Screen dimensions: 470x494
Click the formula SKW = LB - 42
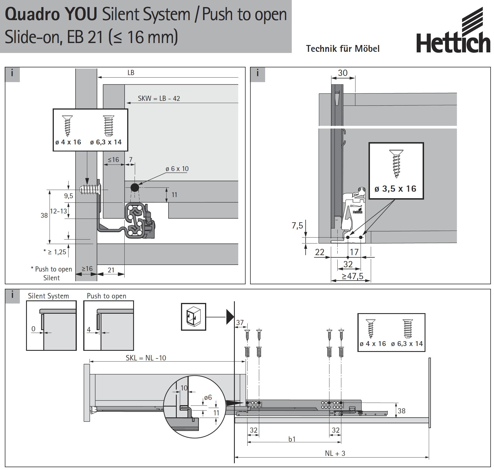pyautogui.click(x=159, y=99)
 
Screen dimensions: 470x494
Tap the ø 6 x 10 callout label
pyautogui.click(x=177, y=169)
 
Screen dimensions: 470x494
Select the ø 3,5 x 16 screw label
pyautogui.click(x=395, y=189)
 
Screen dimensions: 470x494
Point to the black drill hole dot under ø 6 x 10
pyautogui.click(x=135, y=187)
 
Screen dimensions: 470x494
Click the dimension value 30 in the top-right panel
pyautogui.click(x=343, y=73)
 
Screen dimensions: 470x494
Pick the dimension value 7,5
pyautogui.click(x=297, y=226)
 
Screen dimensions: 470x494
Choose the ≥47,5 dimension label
pyautogui.click(x=352, y=276)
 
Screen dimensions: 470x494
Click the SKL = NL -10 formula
pyautogui.click(x=146, y=358)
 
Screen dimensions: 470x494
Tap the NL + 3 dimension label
pyautogui.click(x=335, y=453)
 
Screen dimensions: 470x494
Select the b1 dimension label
pyautogui.click(x=292, y=439)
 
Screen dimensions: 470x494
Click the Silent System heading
pyautogui.click(x=48, y=296)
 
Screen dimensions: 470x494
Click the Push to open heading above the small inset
pyautogui.click(x=107, y=296)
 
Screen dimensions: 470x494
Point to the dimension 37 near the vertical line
pyautogui.click(x=240, y=322)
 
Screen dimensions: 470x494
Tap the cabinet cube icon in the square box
pyautogui.click(x=193, y=317)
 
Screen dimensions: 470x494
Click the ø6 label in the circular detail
pyautogui.click(x=208, y=398)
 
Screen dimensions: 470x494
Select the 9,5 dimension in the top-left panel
pyautogui.click(x=69, y=196)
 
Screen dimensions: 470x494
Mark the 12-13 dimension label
pyautogui.click(x=58, y=211)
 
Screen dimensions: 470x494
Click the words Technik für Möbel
pyautogui.click(x=343, y=49)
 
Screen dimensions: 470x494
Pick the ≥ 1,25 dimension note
pyautogui.click(x=57, y=252)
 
